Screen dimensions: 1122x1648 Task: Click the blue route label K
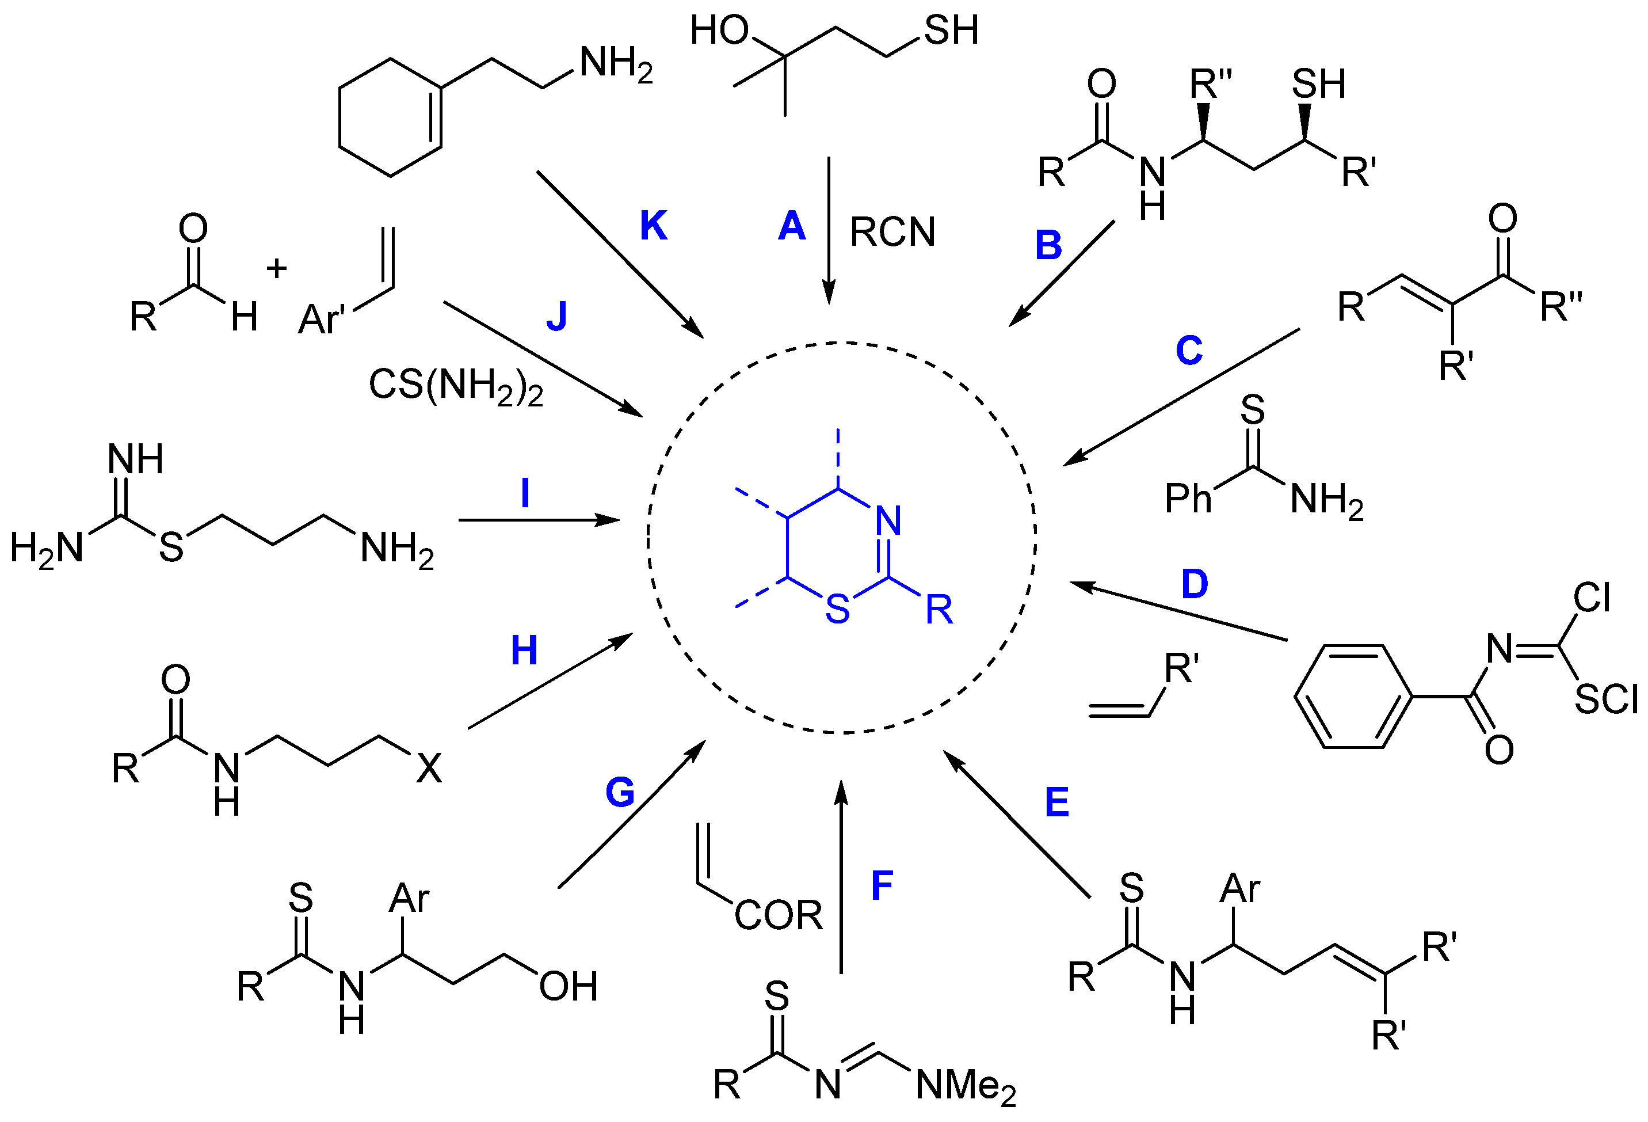coord(653,226)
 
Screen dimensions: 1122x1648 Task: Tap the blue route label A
coord(791,226)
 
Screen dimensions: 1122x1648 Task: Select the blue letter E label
coord(1056,803)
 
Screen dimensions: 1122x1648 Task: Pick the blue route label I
coord(525,493)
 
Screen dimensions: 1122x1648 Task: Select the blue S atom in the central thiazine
coord(837,609)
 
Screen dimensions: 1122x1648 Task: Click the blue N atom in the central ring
coord(888,520)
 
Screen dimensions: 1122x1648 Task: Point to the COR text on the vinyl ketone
coord(778,915)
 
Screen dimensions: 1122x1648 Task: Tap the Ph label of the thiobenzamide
coord(1188,499)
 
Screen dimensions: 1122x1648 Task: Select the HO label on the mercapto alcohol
coord(719,31)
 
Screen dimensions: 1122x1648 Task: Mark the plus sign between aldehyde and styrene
coord(277,269)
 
